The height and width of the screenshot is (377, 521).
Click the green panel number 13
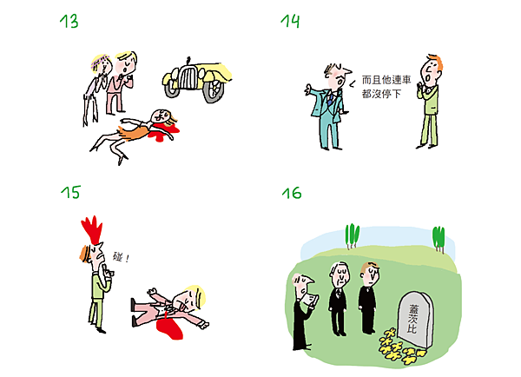tap(69, 22)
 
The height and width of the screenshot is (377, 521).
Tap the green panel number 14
tap(290, 21)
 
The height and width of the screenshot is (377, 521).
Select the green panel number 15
tap(70, 192)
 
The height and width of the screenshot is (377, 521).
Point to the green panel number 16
tap(292, 193)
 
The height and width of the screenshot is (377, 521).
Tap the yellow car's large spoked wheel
tap(214, 90)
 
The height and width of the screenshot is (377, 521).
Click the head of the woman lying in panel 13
tap(159, 116)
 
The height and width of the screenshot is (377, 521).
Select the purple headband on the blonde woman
tap(99, 62)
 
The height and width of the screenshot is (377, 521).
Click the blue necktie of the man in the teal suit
tap(330, 99)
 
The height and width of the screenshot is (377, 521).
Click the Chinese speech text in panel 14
tap(386, 87)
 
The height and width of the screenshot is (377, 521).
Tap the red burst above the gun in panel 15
tap(93, 229)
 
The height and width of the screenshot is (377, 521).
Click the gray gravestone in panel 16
tap(415, 320)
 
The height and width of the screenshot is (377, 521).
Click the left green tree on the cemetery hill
tap(353, 235)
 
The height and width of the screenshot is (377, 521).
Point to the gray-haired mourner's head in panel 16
tap(340, 272)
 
